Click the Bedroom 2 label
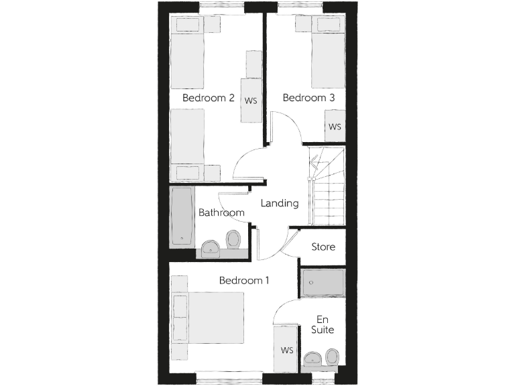coord(208,98)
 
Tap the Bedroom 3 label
coord(308,98)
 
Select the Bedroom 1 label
coord(244,280)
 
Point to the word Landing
coord(279,203)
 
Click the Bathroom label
coord(221,213)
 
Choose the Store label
coord(323,247)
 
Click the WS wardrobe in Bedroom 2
coord(251,101)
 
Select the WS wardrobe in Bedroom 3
coord(335,126)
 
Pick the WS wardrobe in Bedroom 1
coord(287,350)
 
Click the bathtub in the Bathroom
coord(182,215)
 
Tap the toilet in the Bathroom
coord(233,239)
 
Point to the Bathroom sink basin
coord(210,249)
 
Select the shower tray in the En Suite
coord(323,283)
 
